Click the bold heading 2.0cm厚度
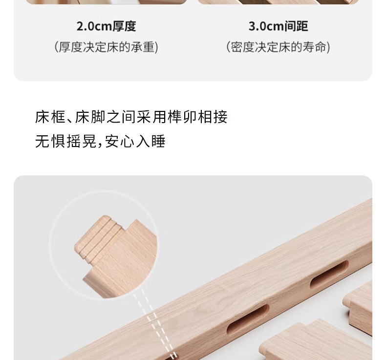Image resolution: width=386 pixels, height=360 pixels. pos(107,26)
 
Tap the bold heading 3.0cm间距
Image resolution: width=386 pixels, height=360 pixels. pos(278,26)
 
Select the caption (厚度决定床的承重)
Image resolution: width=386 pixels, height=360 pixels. pos(107,47)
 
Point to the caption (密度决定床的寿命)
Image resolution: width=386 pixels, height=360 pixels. pos(278,47)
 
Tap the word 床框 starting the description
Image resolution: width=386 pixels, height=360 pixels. pos(50,117)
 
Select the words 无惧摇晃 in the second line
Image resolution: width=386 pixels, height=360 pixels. pos(65,141)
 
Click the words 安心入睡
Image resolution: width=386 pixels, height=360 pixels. pos(135,141)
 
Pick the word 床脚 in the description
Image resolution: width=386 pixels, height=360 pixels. pos(90,117)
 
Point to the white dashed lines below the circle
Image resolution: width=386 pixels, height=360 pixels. pos(154,324)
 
